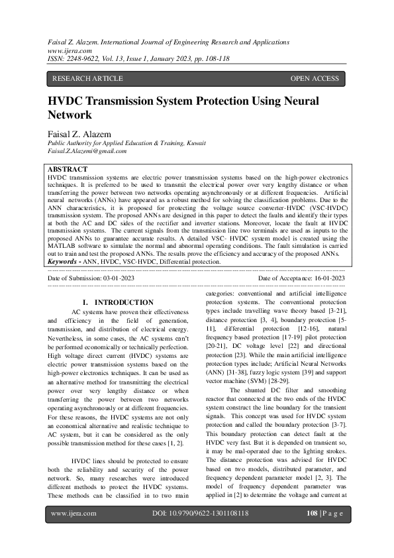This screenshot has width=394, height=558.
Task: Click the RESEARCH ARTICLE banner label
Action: click(x=87, y=79)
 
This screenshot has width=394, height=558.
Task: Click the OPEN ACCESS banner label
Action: click(x=315, y=79)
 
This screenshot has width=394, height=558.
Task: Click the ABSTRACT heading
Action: click(x=68, y=170)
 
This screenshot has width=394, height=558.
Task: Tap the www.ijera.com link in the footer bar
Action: click(x=74, y=531)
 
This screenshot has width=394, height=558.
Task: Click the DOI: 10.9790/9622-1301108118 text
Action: click(x=201, y=531)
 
